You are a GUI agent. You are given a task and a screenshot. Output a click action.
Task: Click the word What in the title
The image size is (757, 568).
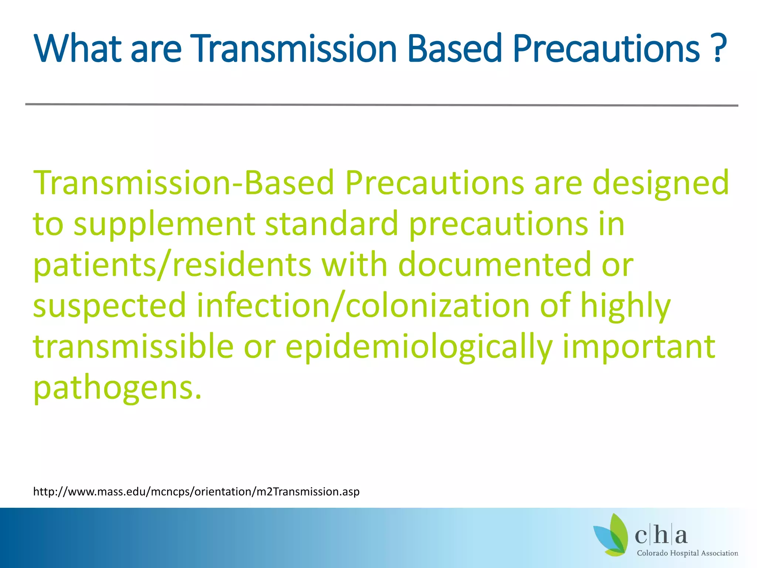tap(77, 49)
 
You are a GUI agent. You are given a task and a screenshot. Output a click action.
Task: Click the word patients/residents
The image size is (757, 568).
tap(172, 266)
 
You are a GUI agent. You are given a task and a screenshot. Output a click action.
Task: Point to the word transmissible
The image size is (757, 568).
tap(133, 347)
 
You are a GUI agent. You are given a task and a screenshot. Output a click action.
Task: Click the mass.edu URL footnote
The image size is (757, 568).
tap(196, 492)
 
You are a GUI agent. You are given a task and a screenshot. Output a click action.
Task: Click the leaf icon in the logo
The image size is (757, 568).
tap(612, 535)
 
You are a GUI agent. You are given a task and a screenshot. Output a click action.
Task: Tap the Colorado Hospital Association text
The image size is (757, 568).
tap(687, 553)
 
